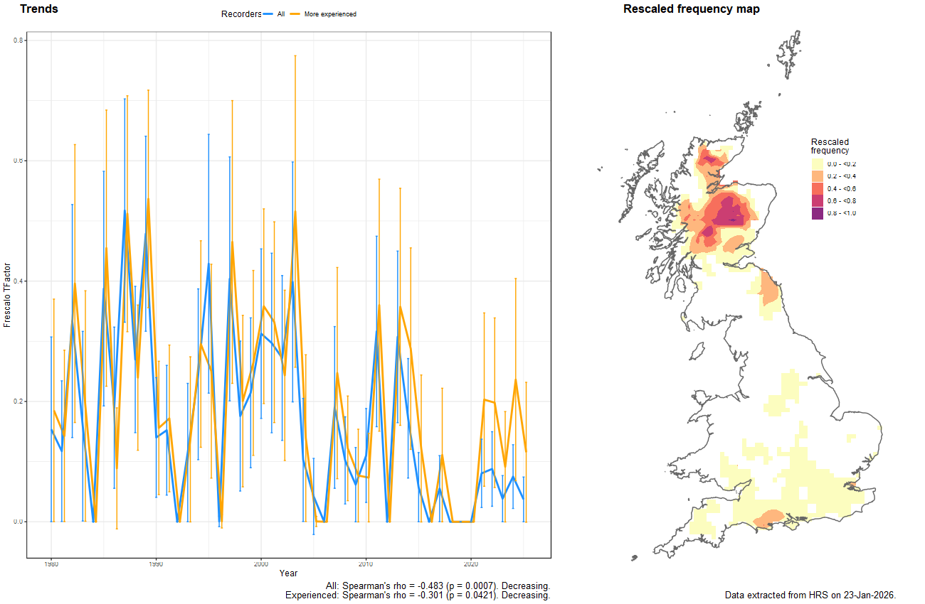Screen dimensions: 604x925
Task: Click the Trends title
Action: coord(39,9)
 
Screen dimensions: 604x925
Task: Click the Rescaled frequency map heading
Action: coord(691,9)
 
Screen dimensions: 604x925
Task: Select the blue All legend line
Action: coord(268,14)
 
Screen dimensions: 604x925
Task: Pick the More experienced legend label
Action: coord(330,14)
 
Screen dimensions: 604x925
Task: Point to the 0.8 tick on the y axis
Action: coord(21,41)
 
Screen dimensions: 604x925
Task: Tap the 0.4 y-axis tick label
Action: coord(21,281)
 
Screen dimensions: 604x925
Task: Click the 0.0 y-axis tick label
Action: coord(21,522)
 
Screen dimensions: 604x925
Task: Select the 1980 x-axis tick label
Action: coord(51,564)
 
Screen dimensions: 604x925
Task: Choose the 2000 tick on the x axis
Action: coord(260,564)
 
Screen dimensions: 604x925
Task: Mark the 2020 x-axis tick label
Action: coord(470,564)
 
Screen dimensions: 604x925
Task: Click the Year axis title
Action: coord(288,573)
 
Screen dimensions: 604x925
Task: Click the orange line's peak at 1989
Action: coord(148,200)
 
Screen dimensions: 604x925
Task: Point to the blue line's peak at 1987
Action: coord(125,210)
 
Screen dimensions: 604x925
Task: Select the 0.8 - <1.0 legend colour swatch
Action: coord(817,213)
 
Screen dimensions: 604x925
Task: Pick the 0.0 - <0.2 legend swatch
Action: coord(817,164)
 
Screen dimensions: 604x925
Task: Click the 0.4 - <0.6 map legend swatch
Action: coord(817,188)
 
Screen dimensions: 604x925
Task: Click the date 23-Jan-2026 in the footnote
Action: coord(869,595)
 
